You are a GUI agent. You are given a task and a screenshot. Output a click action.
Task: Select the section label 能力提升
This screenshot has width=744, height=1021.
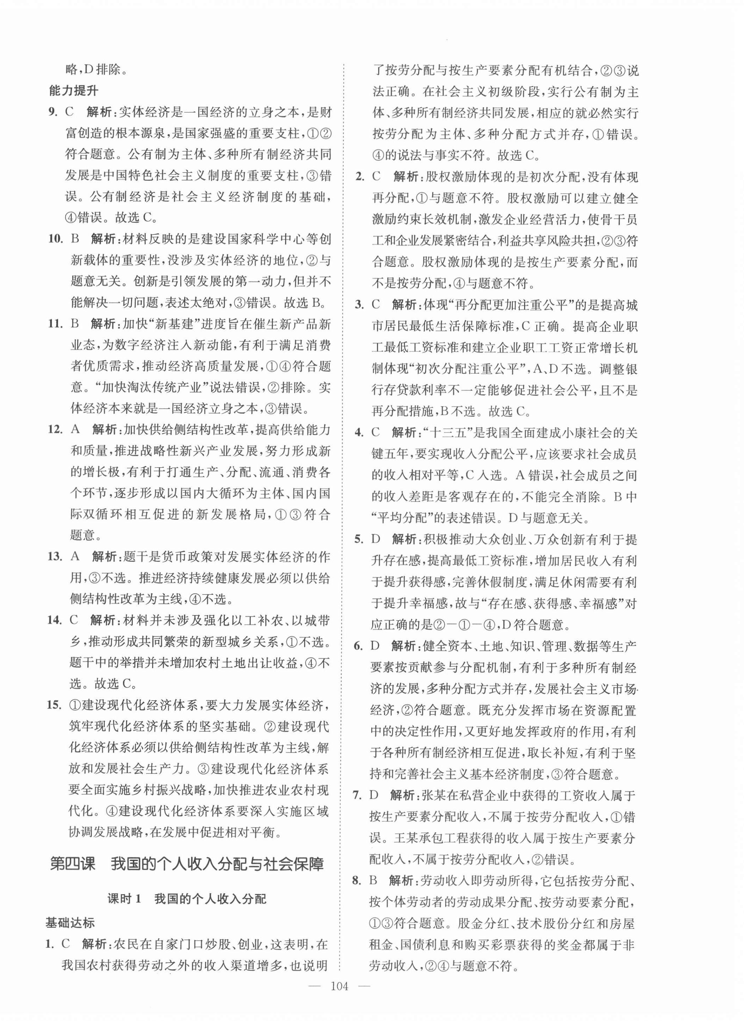pos(73,91)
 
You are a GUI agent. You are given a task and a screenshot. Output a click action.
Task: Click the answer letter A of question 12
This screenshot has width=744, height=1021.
pos(76,429)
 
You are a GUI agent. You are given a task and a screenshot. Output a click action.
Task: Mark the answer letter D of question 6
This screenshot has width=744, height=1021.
pos(375,646)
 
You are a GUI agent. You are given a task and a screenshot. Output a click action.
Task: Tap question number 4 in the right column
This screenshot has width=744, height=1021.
pos(359,433)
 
